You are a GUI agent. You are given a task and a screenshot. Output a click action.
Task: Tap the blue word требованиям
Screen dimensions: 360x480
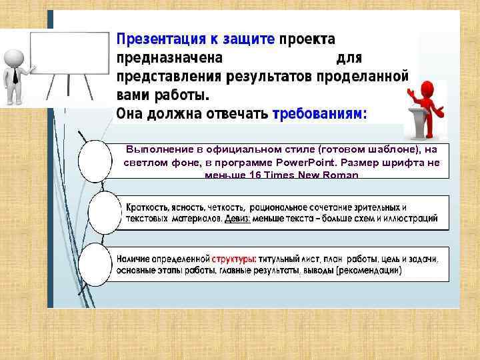click(319, 114)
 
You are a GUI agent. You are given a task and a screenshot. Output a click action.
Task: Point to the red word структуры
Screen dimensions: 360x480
click(234, 259)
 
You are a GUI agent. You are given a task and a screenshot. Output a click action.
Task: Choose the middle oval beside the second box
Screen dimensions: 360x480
click(105, 212)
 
